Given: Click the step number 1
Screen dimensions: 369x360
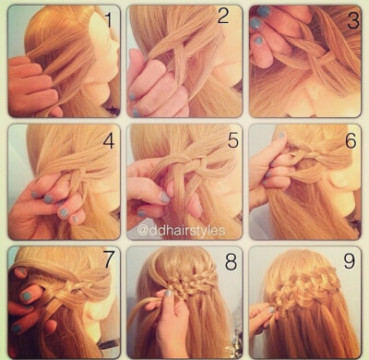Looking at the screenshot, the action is (x=108, y=19).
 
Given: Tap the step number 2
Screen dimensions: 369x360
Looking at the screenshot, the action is (x=223, y=16).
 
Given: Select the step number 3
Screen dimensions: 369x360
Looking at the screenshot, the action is (x=353, y=20).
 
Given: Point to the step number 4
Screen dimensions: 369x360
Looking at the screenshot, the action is (x=109, y=141).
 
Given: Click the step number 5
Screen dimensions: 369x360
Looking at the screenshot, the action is (x=233, y=140).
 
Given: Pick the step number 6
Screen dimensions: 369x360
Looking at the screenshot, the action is (x=351, y=140).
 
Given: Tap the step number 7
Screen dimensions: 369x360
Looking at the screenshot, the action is (x=109, y=259).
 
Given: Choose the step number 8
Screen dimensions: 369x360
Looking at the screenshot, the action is (x=231, y=262).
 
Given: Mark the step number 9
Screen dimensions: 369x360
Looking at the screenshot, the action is (x=349, y=261).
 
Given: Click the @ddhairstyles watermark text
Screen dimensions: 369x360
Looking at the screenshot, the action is (x=181, y=230).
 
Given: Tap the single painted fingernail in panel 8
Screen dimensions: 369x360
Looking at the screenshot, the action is (x=168, y=294).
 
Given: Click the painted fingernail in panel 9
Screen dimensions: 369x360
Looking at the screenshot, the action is (x=270, y=310).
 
